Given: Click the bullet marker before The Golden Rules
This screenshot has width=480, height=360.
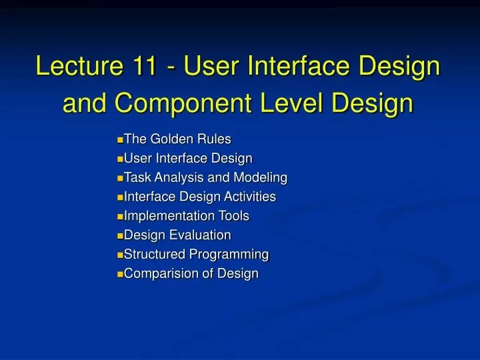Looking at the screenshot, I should [x=120, y=140].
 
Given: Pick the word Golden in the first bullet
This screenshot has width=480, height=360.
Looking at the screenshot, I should [x=167, y=139].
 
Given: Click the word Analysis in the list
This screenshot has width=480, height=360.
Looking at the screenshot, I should [x=177, y=178].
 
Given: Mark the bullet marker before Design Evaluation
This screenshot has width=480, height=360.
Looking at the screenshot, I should [x=120, y=236].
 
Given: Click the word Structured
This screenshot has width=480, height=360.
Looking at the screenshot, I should [x=155, y=254].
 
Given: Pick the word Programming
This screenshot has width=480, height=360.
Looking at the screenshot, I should [x=229, y=255].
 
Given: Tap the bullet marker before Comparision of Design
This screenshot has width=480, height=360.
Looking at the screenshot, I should [x=120, y=274].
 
